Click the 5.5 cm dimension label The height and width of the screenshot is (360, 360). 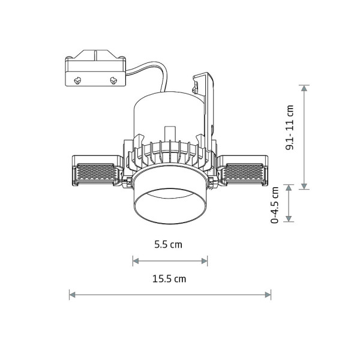click(x=168, y=245)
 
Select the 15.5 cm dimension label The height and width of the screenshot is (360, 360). click(x=169, y=279)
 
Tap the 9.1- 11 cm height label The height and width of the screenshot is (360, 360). click(x=290, y=127)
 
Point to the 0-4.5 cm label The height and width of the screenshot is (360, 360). click(x=275, y=205)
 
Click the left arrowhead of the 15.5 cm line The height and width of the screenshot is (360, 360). click(x=73, y=295)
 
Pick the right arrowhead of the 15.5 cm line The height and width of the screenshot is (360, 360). click(x=268, y=295)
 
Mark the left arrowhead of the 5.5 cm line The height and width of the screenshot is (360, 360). click(x=136, y=261)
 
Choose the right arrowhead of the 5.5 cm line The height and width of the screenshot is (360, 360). click(x=205, y=261)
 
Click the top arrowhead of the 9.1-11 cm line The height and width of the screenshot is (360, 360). click(x=304, y=88)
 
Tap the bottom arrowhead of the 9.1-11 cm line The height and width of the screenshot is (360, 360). click(x=304, y=186)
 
